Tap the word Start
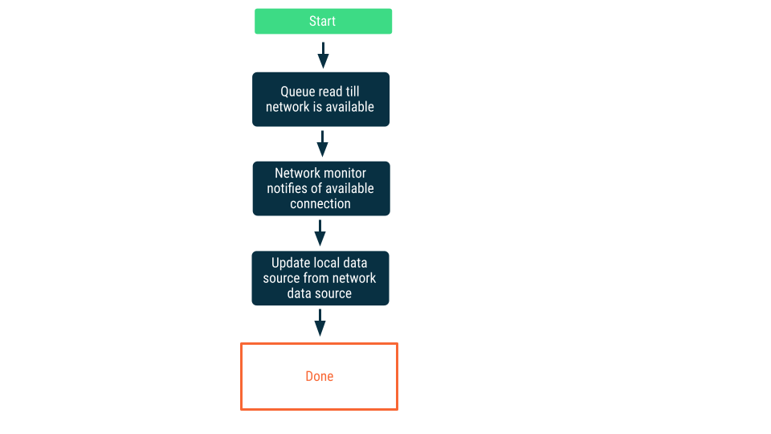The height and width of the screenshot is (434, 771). click(x=322, y=22)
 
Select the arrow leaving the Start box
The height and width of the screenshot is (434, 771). click(x=323, y=55)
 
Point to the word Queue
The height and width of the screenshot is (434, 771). click(x=297, y=92)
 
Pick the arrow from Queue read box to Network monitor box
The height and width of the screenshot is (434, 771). click(x=322, y=144)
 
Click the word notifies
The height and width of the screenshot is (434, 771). click(x=291, y=189)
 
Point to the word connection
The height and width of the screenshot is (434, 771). click(x=320, y=204)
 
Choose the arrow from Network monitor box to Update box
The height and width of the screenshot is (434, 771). click(x=320, y=233)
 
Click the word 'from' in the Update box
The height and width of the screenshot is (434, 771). click(x=316, y=278)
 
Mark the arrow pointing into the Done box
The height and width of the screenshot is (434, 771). click(x=320, y=323)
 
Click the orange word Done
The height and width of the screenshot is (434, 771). click(x=320, y=376)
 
